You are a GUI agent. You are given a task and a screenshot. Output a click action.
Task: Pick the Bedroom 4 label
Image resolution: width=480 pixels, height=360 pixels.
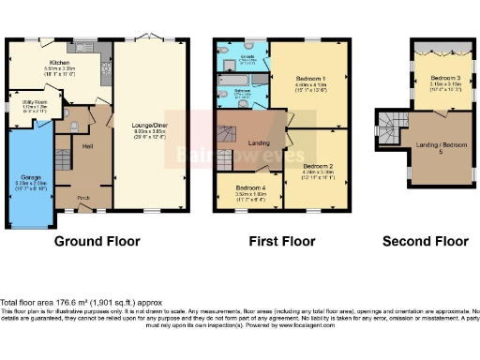245,188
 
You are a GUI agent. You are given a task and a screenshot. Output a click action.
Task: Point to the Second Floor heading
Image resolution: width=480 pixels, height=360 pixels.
426,241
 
